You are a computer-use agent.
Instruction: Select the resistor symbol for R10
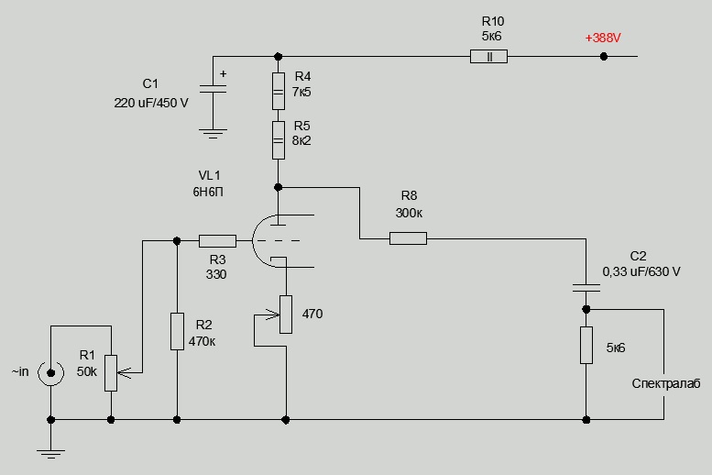488,57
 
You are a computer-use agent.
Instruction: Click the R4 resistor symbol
278,92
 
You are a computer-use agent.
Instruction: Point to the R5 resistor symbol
278,141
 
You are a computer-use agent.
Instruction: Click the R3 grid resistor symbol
217,240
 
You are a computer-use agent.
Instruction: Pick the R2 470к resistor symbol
177,330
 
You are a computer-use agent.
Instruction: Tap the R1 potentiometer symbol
111,372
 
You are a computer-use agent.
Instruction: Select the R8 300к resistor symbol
408,239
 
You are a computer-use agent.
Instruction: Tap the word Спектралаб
666,384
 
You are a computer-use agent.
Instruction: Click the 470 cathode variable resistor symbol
285,314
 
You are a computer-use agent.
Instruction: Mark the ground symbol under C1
213,134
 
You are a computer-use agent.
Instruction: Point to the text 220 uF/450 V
150,103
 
